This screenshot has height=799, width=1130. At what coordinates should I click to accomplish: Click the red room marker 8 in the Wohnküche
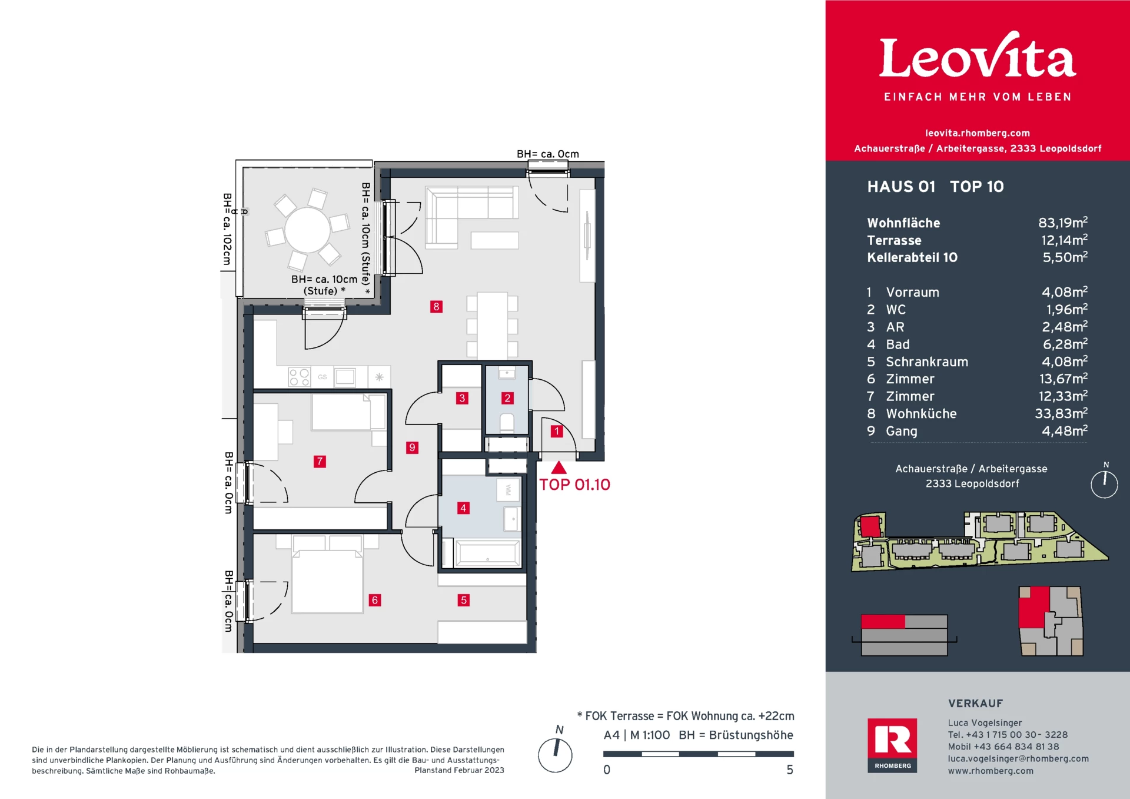436,306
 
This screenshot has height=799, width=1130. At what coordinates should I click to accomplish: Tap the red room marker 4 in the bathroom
463,508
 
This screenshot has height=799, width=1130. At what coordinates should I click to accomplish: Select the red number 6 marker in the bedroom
375,600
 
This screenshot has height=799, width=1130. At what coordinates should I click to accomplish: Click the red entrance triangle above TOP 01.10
559,468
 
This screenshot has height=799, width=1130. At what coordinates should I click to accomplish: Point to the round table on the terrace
307,230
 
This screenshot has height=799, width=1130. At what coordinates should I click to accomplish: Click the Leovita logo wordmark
977,58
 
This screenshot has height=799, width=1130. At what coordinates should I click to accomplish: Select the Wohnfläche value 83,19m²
1062,223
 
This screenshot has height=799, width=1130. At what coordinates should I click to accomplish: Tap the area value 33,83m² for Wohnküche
1061,413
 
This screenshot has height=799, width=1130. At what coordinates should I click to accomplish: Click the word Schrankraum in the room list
926,362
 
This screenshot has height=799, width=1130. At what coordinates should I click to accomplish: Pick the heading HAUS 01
901,187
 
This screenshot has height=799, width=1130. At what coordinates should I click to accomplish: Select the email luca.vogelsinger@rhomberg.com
1018,758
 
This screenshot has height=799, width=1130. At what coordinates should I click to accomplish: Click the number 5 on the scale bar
790,770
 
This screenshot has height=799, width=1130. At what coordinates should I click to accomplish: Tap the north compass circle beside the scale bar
555,755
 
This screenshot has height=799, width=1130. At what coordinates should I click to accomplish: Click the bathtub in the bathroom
487,554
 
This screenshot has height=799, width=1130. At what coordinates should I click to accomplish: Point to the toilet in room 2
507,423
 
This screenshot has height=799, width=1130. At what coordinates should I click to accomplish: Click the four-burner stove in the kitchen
299,377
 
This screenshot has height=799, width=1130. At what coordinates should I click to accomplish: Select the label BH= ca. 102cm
227,229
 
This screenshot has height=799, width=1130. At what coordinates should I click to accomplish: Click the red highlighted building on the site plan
870,525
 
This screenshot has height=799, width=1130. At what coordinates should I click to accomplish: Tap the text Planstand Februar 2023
459,770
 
